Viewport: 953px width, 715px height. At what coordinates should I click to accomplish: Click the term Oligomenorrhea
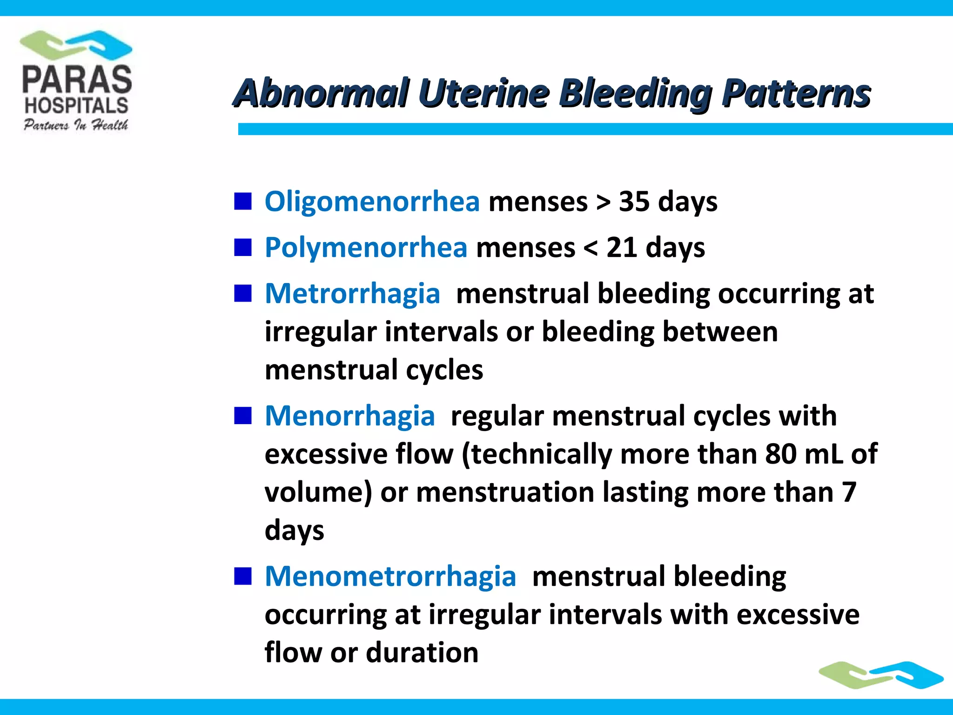pyautogui.click(x=372, y=202)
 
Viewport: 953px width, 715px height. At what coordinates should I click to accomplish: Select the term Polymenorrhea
pyautogui.click(x=366, y=247)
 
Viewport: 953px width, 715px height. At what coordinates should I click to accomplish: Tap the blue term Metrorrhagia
pyautogui.click(x=352, y=294)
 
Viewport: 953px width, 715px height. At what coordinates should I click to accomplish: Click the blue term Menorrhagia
pyautogui.click(x=349, y=416)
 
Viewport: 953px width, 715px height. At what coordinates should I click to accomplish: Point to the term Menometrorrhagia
pyautogui.click(x=390, y=576)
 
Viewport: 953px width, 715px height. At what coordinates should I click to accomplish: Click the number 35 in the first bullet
pyautogui.click(x=634, y=202)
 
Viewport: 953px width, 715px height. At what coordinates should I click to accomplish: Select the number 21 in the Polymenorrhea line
pyautogui.click(x=621, y=247)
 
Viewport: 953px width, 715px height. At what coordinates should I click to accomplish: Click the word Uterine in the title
pyautogui.click(x=484, y=93)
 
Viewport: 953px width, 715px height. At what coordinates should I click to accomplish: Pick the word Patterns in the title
pyautogui.click(x=796, y=93)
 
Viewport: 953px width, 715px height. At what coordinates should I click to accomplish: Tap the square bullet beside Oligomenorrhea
pyautogui.click(x=243, y=202)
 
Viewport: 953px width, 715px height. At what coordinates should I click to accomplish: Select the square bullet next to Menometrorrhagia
pyautogui.click(x=243, y=576)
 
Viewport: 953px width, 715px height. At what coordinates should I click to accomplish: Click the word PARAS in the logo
pyautogui.click(x=77, y=79)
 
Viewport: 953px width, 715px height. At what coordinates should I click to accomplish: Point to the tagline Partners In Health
pyautogui.click(x=76, y=125)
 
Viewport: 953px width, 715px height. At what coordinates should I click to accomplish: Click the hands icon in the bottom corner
pyautogui.click(x=881, y=675)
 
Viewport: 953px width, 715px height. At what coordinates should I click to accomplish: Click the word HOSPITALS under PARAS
pyautogui.click(x=76, y=106)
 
